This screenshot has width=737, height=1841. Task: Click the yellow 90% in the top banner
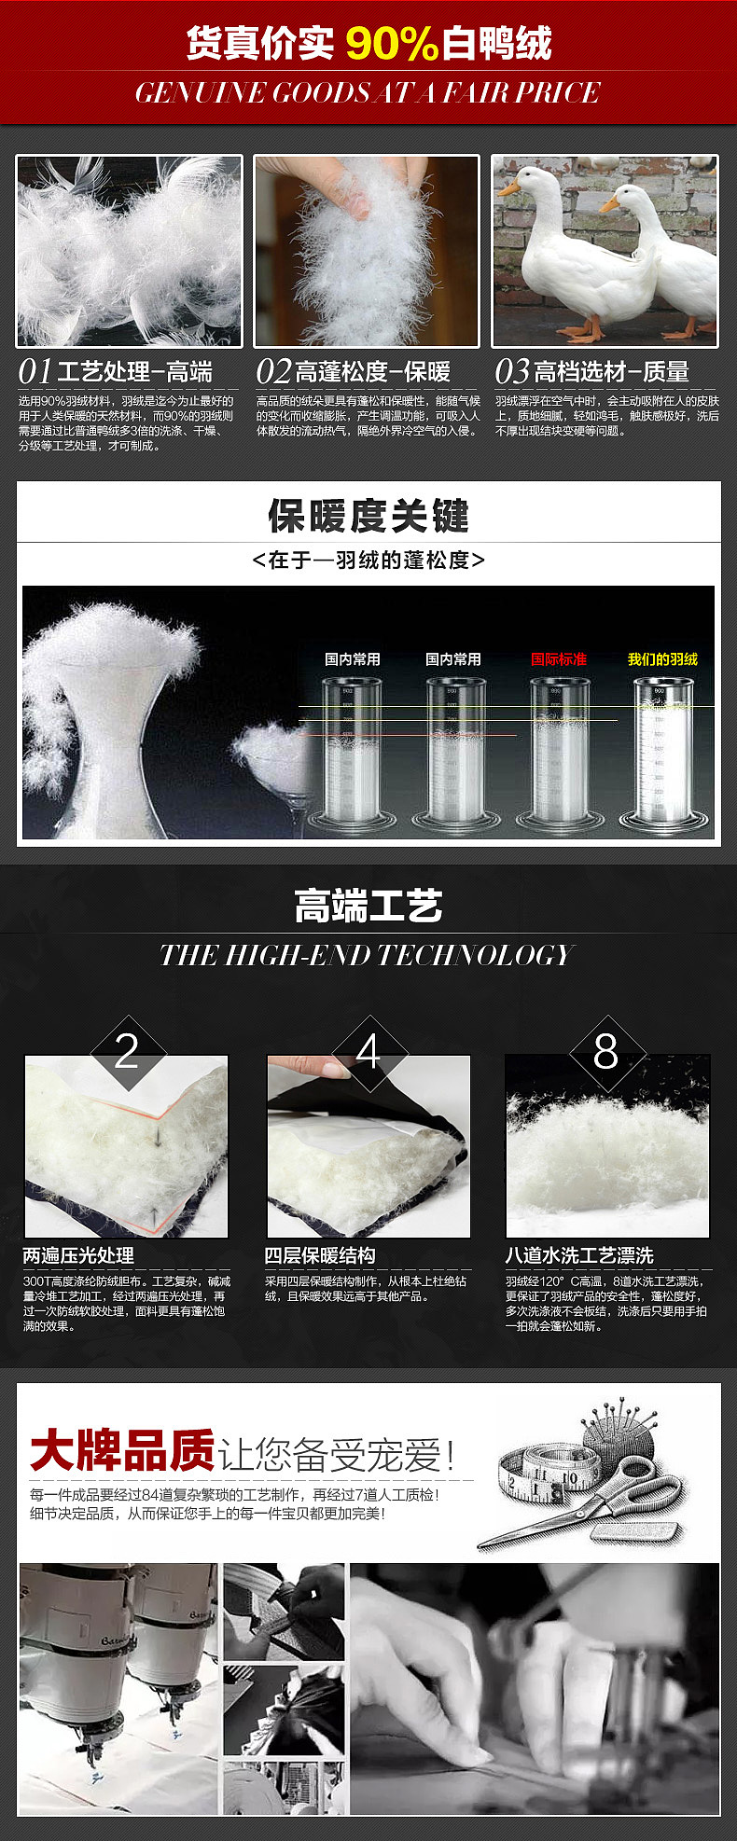pyautogui.click(x=392, y=44)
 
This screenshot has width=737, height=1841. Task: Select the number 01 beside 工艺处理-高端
pyautogui.click(x=35, y=371)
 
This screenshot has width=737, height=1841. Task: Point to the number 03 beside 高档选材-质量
pyautogui.click(x=512, y=371)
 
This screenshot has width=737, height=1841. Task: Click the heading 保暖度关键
pyautogui.click(x=368, y=515)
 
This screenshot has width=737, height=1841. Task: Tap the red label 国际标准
pyautogui.click(x=559, y=658)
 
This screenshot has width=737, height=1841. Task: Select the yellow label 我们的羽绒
pyautogui.click(x=662, y=658)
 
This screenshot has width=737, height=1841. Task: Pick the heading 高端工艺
pyautogui.click(x=368, y=906)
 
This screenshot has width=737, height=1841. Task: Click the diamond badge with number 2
pyautogui.click(x=127, y=1052)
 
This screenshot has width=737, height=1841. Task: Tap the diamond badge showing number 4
pyautogui.click(x=368, y=1052)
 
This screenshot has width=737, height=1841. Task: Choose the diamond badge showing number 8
pyautogui.click(x=606, y=1052)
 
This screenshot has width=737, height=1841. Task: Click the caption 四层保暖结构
pyautogui.click(x=320, y=1255)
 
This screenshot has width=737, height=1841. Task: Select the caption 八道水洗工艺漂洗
pyautogui.click(x=579, y=1255)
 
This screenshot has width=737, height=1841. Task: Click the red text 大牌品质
pyautogui.click(x=122, y=1451)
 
